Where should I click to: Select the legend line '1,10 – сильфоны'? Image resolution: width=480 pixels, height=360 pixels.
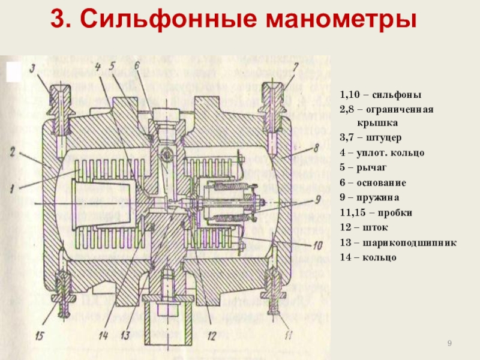pyautogui.click(x=380, y=95)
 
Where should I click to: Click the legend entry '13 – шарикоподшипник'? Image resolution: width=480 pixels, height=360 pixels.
pyautogui.click(x=398, y=242)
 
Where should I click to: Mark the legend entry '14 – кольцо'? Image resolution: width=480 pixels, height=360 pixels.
pyautogui.click(x=368, y=257)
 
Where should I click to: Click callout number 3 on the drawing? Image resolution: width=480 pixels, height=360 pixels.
pyautogui.click(x=34, y=67)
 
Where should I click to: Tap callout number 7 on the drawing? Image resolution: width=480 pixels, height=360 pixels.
pyautogui.click(x=295, y=66)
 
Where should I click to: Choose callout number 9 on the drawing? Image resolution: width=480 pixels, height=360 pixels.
pyautogui.click(x=319, y=199)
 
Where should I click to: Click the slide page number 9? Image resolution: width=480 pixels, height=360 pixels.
pyautogui.click(x=449, y=343)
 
